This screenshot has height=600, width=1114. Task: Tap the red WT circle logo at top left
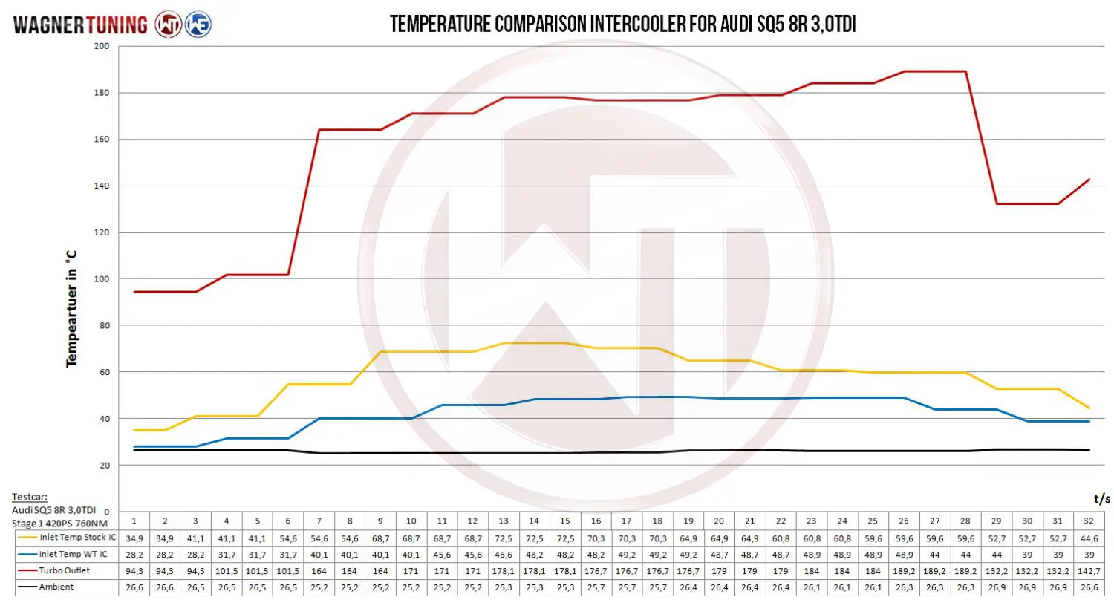point(168,25)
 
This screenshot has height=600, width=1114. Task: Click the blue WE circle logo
point(198,25)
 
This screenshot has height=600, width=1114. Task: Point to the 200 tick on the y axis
point(102,46)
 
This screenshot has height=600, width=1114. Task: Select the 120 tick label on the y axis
point(102,232)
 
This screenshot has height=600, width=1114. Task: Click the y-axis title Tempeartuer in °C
point(72,307)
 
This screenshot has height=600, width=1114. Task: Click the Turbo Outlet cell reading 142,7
point(1089,570)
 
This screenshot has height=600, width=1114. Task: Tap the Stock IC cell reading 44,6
point(1089,537)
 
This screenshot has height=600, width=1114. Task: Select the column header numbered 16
point(596,520)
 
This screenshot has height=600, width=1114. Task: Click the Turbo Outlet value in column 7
point(318,570)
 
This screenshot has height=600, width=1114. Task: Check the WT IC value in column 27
point(934,554)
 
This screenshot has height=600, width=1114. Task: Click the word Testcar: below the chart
point(29,497)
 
